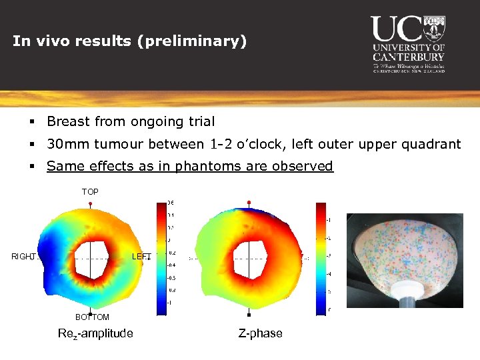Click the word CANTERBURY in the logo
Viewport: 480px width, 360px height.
409,57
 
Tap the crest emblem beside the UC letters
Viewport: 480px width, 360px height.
434,27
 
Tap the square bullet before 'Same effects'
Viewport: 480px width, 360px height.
31,167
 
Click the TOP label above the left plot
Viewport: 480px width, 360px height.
90,192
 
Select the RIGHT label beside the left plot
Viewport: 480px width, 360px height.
23,257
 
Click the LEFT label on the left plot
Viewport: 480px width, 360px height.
141,257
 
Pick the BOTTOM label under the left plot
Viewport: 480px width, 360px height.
92,317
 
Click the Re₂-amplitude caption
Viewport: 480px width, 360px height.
95,333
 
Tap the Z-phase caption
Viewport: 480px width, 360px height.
260,333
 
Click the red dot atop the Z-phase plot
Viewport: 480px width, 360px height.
249,201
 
